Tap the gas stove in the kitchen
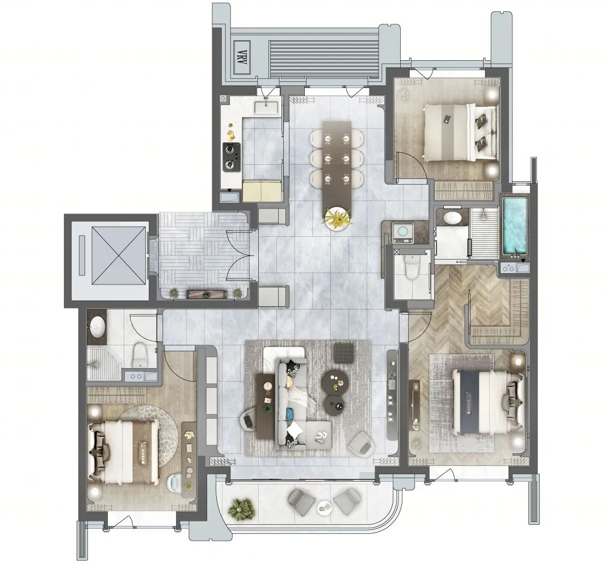pyautogui.click(x=232, y=156)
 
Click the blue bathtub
pyautogui.click(x=515, y=227)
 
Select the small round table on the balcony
pyautogui.click(x=324, y=507)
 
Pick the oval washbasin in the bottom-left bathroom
pyautogui.click(x=98, y=326)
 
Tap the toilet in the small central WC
pyautogui.click(x=411, y=268)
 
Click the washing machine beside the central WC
pyautogui.click(x=401, y=232)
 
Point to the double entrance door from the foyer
pyautogui.click(x=239, y=256)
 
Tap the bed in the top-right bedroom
pyautogui.click(x=460, y=132)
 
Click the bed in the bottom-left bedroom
pyautogui.click(x=124, y=452)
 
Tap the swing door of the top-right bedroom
pyautogui.click(x=412, y=165)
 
